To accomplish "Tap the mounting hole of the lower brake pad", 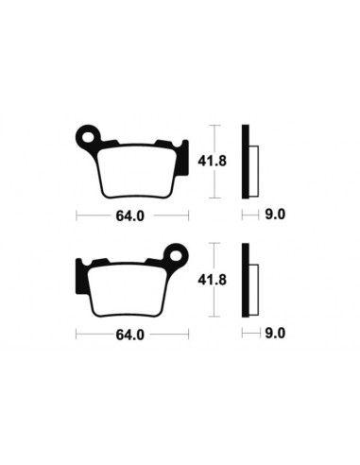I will point(177,254).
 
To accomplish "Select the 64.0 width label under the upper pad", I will point(130,215).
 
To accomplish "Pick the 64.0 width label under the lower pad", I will point(130,335).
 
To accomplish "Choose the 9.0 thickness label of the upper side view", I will point(276,215).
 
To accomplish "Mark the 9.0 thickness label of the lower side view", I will point(276,335).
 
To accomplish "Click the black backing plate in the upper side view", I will point(246,161).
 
